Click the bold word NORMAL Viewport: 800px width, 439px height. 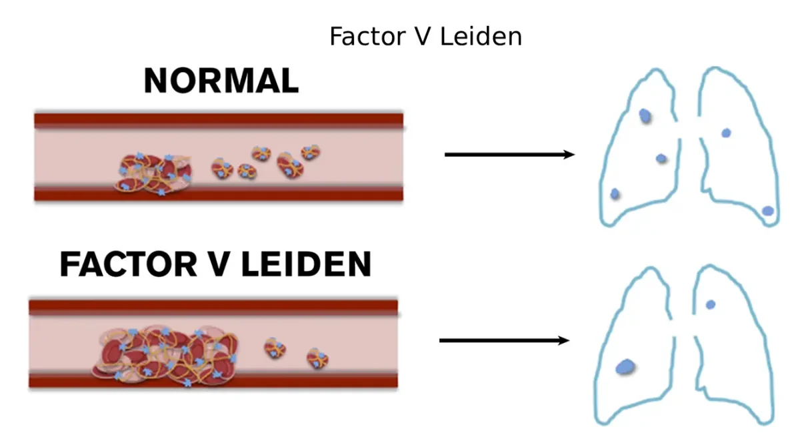tap(221, 81)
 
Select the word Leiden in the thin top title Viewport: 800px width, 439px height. tap(487, 37)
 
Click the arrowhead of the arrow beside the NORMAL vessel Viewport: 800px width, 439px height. tap(569, 155)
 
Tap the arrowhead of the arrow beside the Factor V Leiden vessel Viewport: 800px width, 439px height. tap(563, 341)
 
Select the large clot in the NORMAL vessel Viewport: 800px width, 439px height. tap(154, 173)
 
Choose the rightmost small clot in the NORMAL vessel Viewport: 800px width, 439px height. tap(310, 153)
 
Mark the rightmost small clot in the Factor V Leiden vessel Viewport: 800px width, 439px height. tap(317, 358)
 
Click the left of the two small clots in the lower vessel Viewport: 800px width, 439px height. tap(275, 347)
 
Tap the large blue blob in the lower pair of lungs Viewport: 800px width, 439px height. tap(625, 366)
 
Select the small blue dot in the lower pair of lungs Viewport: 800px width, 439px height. tap(711, 304)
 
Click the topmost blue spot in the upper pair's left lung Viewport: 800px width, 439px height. tap(645, 116)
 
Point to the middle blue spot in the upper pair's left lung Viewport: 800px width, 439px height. tap(661, 159)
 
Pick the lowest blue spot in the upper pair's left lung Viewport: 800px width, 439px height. tap(615, 193)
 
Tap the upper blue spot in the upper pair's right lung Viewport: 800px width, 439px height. tap(727, 133)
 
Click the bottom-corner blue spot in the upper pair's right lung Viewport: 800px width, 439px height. tap(768, 211)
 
